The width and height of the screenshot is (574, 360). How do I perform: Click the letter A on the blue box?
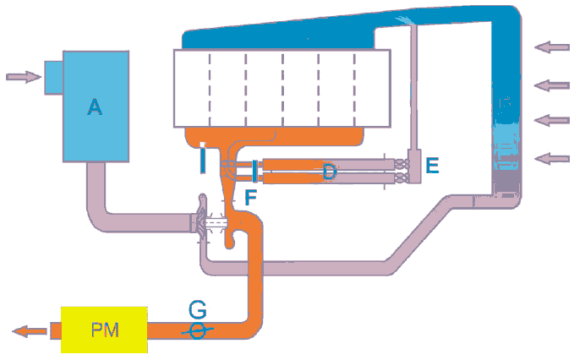tap(95, 107)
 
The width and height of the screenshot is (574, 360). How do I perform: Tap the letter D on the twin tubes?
tap(330, 172)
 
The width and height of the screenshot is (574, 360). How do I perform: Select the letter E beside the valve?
tap(432, 166)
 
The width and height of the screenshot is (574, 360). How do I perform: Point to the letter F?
tap(249, 198)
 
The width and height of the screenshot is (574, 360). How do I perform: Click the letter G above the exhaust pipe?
tap(196, 308)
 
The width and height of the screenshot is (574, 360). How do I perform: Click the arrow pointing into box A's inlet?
tap(23, 77)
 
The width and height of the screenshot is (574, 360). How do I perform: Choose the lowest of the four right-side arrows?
tap(553, 157)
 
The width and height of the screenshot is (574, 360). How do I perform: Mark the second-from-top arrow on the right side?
tap(553, 84)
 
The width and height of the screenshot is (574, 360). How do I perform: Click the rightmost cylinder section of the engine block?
tap(373, 88)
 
